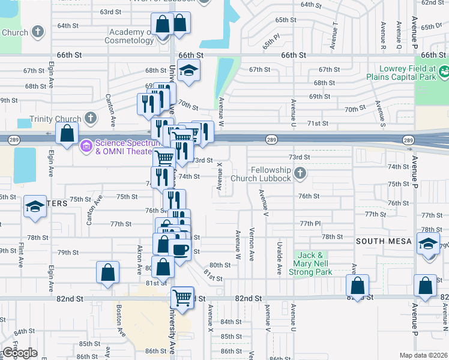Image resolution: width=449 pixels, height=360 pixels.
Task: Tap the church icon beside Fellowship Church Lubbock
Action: pyautogui.click(x=301, y=174)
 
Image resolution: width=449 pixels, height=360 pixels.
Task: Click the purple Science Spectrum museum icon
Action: pyautogui.click(x=86, y=145)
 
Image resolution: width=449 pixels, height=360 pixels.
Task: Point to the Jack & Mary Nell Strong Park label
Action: pyautogui.click(x=313, y=264)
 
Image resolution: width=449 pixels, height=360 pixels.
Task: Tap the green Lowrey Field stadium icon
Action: pyautogui.click(x=444, y=73)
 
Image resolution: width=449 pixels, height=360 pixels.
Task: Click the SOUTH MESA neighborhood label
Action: pyautogui.click(x=384, y=241)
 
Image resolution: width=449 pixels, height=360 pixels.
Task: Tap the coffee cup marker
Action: pyautogui.click(x=181, y=248)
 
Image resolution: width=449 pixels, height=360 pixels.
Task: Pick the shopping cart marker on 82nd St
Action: pyautogui.click(x=182, y=296)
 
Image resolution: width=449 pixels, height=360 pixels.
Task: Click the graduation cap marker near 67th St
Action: pyautogui.click(x=189, y=71)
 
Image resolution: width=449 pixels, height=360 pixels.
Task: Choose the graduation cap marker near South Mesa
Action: pyautogui.click(x=428, y=245)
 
